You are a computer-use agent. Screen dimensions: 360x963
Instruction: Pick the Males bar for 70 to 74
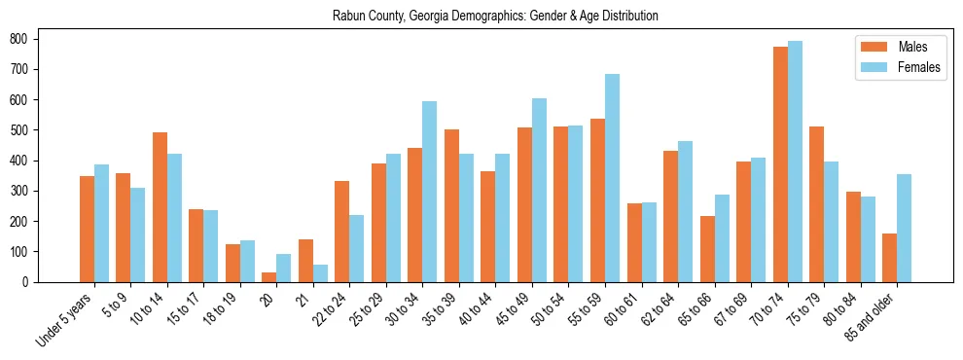tap(780, 164)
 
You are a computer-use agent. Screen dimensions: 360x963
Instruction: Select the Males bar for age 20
tap(269, 277)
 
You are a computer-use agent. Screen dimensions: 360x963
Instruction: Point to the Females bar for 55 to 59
tap(612, 178)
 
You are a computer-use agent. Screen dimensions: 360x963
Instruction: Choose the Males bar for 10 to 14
tap(160, 207)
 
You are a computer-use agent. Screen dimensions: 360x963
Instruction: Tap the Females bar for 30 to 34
tap(430, 192)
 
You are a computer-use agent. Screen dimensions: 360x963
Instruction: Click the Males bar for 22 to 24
tap(342, 232)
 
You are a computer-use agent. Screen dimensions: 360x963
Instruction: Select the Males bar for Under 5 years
tap(87, 229)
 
